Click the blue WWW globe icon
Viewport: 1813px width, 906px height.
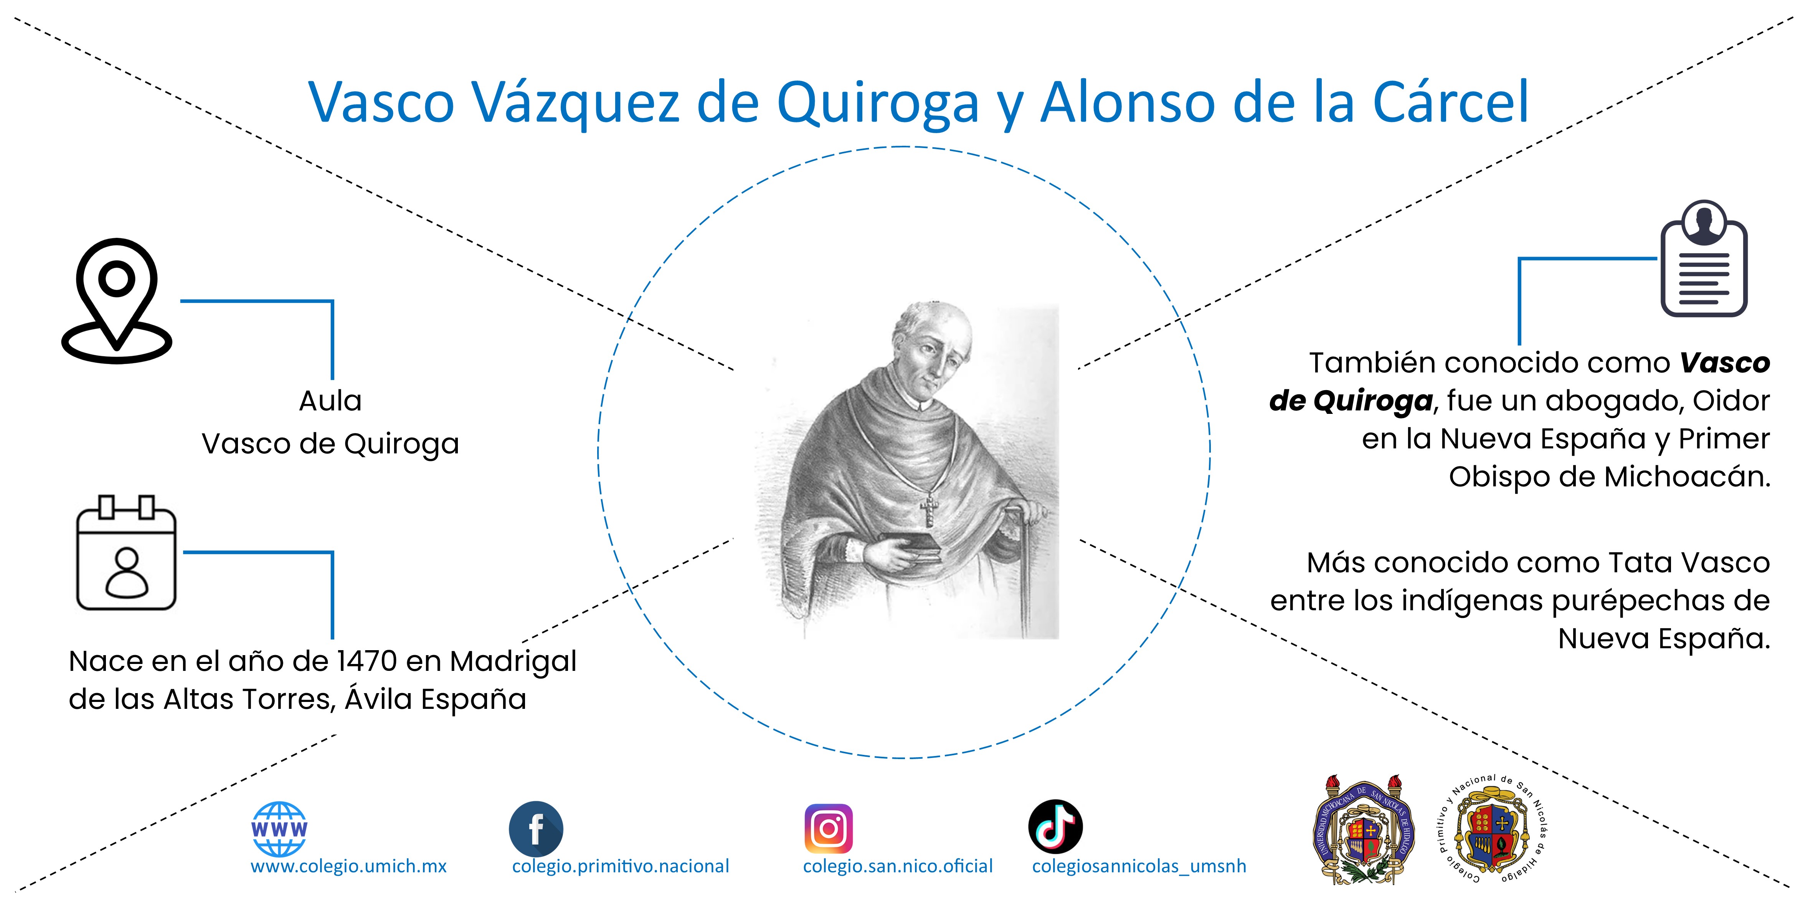click(279, 829)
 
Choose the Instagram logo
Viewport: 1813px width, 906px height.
click(828, 829)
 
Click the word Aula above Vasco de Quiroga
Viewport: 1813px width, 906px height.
click(330, 401)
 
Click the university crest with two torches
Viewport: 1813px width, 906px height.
click(1364, 830)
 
